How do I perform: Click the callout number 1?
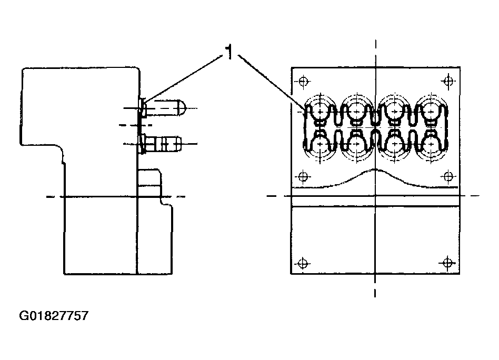click(229, 52)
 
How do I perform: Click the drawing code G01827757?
click(54, 316)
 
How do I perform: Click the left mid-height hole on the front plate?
click(303, 175)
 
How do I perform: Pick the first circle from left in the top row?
click(319, 109)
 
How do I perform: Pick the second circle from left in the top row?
click(356, 109)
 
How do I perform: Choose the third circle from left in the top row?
click(394, 109)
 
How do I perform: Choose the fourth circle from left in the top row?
click(431, 109)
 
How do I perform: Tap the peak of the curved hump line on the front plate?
click(375, 171)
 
